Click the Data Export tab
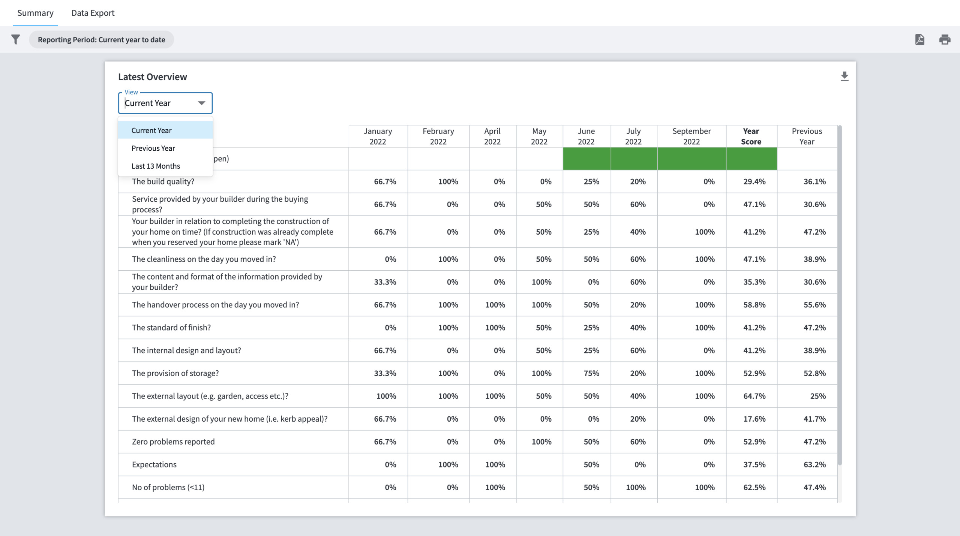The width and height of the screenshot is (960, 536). pos(93,13)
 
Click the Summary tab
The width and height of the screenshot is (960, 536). pos(35,13)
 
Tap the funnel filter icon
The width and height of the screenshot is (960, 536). pos(15,39)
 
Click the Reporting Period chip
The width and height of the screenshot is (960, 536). pos(101,40)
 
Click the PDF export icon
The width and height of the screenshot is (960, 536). pos(919,39)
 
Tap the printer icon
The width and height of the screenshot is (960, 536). pos(945,39)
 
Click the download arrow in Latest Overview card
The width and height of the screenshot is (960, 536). pos(844,76)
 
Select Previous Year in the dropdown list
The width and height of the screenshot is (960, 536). pos(153,148)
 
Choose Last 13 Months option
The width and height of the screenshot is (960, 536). pos(156,166)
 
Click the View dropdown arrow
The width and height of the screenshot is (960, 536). pos(201,103)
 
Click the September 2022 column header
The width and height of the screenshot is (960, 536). pos(691,136)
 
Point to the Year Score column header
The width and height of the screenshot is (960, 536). pos(751,136)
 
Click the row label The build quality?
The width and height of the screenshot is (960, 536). pos(163,181)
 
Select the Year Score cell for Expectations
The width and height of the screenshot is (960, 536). pos(754,464)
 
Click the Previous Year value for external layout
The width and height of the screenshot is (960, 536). pos(817,396)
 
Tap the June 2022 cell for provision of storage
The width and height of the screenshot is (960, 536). pos(591,373)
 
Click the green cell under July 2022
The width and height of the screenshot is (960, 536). pos(633,159)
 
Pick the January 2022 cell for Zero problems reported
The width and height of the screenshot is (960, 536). pos(385,442)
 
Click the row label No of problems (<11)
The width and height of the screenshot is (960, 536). pos(168,487)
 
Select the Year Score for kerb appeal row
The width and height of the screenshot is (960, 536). pos(754,419)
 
